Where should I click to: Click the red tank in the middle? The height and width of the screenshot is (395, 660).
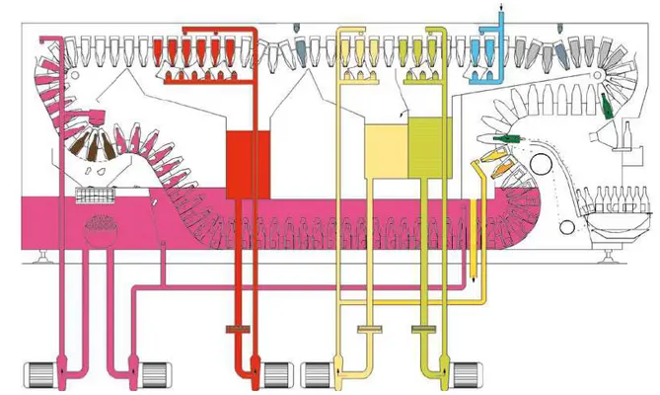[x=241, y=156]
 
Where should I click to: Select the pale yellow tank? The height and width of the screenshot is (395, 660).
[x=383, y=148]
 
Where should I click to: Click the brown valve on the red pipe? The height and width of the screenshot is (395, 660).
[x=239, y=329]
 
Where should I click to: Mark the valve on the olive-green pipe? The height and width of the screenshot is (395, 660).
[x=425, y=328]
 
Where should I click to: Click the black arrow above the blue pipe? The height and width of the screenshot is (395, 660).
[x=500, y=9]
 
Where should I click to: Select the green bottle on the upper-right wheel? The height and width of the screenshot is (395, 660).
[x=608, y=107]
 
